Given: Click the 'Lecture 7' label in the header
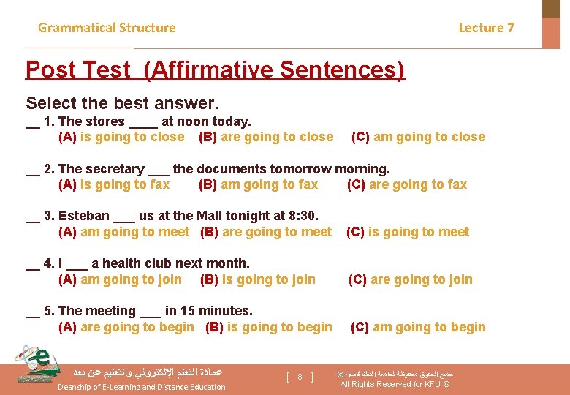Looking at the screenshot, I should tap(486, 28).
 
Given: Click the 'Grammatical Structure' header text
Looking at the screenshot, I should tap(107, 28).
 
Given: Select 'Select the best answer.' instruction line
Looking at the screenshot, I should tap(122, 102).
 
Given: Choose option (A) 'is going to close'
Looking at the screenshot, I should tap(122, 137).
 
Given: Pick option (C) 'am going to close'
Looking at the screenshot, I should tap(419, 137).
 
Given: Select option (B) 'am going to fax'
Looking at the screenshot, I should tap(259, 184).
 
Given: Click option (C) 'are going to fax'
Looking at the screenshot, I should tap(407, 184).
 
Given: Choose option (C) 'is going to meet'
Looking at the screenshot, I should tap(408, 232).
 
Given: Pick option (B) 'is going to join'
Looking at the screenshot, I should tap(258, 279).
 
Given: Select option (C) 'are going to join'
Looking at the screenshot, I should tap(411, 279).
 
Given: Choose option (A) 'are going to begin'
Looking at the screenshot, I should tap(126, 327).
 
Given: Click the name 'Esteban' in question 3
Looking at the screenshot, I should tap(84, 216).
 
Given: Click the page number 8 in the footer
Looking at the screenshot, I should tap(300, 377).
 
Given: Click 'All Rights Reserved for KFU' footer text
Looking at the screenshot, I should tap(395, 384).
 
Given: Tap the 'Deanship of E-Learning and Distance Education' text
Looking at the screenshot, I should tap(142, 387).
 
